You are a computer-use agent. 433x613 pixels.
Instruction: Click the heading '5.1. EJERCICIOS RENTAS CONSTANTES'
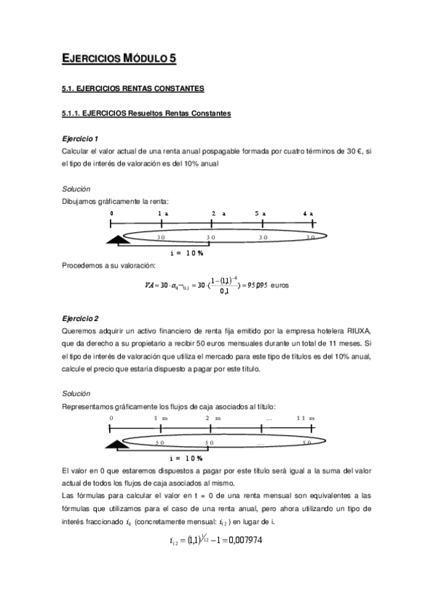(133, 89)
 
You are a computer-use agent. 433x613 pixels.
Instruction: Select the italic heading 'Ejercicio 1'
(80, 137)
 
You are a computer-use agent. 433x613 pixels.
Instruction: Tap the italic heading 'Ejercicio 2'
(80, 318)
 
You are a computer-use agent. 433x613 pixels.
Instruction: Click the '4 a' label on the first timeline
(309, 214)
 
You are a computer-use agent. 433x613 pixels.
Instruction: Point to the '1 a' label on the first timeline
(163, 214)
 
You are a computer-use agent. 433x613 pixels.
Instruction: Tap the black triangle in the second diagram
(115, 446)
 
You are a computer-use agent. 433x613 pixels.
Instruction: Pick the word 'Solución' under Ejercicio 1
(77, 188)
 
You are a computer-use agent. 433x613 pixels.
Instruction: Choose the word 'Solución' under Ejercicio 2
(77, 393)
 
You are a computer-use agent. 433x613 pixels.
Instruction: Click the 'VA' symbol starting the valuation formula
(150, 285)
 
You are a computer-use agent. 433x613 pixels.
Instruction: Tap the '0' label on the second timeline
(111, 419)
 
